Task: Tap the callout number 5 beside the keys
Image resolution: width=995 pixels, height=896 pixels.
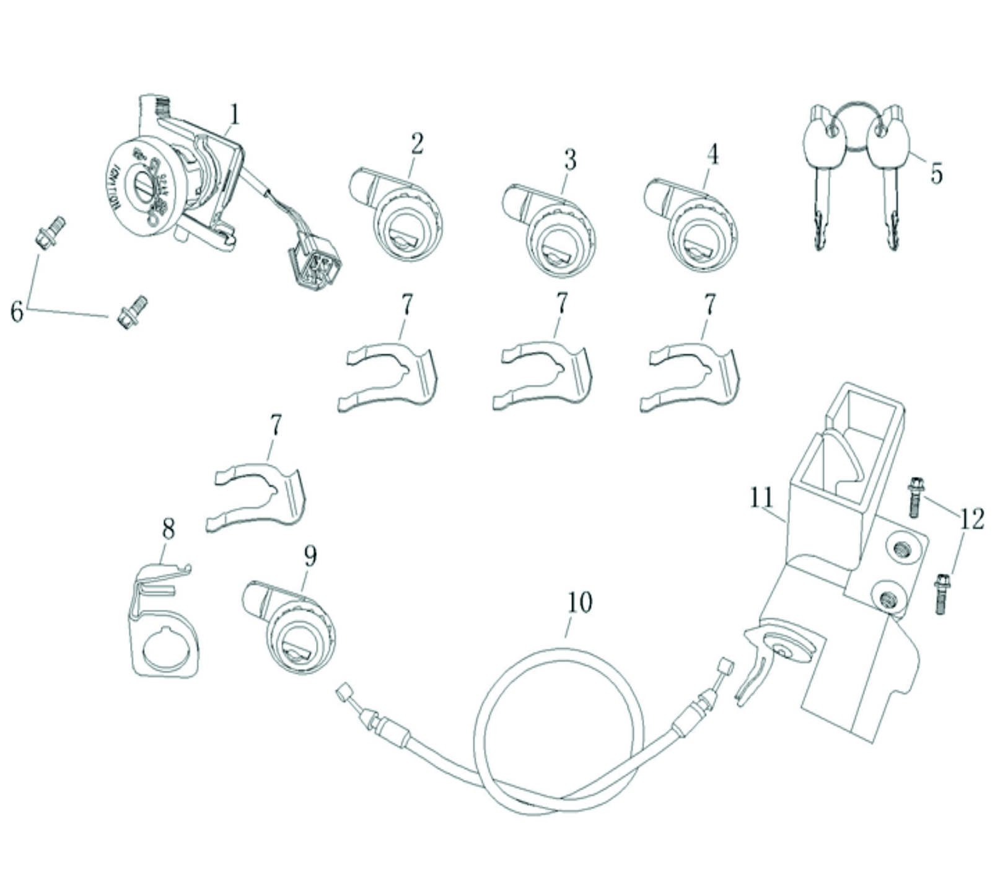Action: tap(936, 173)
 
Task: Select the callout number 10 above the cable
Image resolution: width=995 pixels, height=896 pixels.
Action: tap(580, 602)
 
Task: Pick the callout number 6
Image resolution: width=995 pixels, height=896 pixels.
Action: tap(17, 310)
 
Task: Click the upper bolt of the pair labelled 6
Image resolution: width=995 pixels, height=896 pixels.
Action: tap(50, 232)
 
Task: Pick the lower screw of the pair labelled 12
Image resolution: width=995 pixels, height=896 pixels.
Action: tap(941, 594)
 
